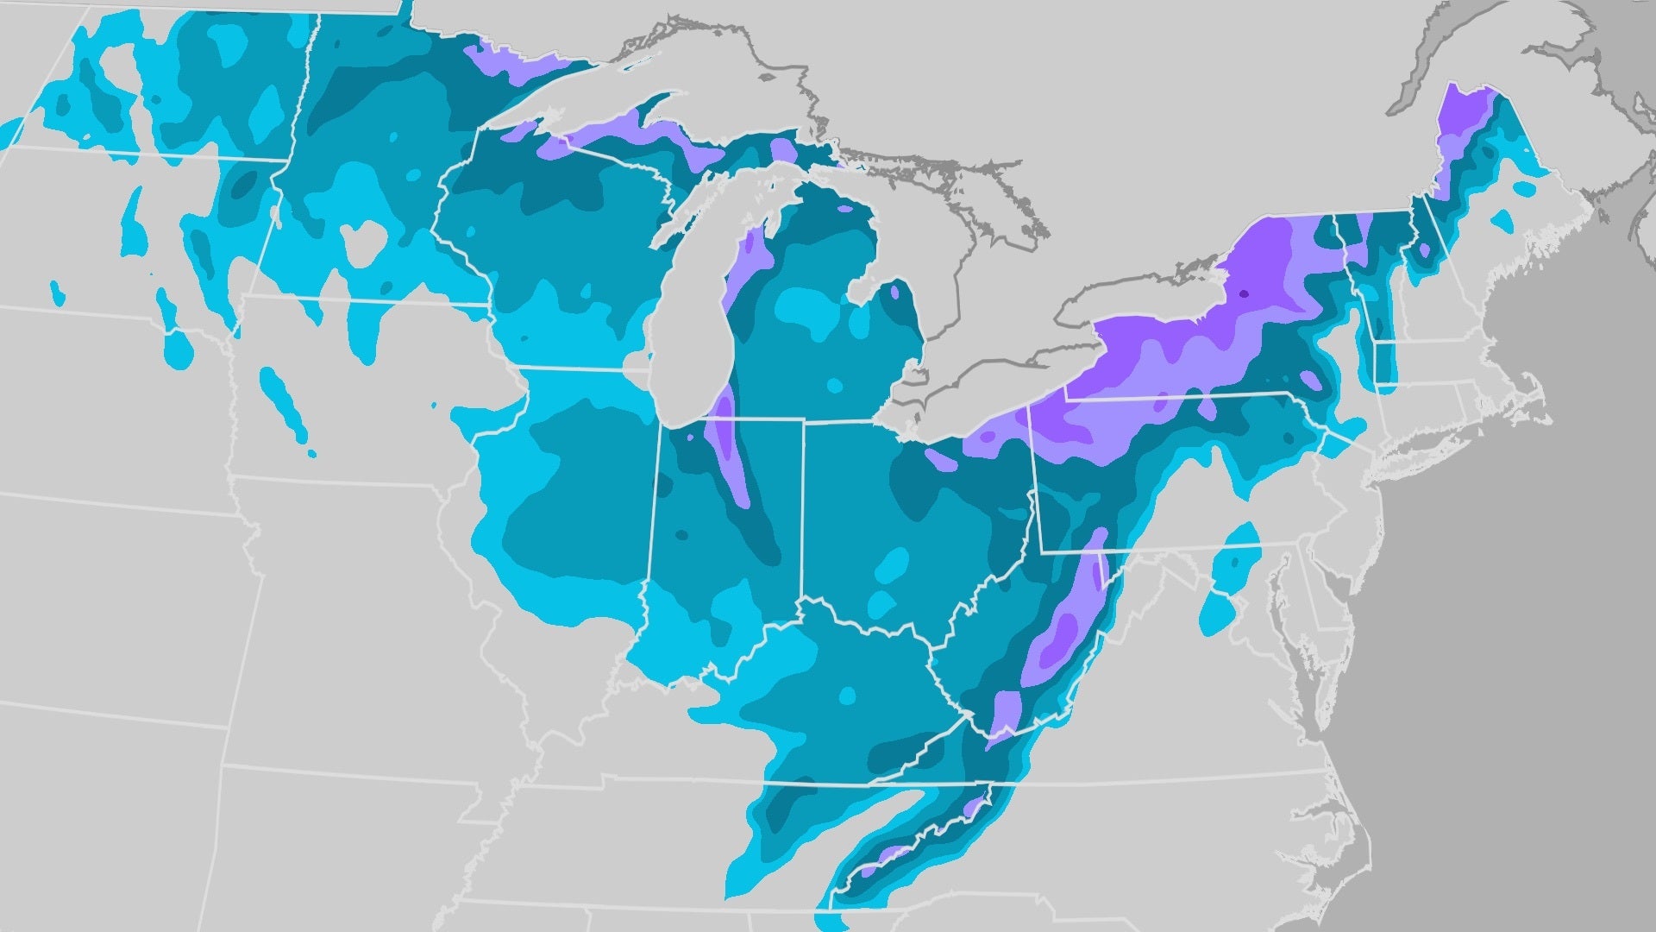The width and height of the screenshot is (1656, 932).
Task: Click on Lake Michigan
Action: click(x=690, y=319)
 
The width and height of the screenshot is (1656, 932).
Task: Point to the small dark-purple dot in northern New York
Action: click(x=1244, y=294)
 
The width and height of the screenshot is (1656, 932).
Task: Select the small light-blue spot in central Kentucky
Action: click(x=848, y=696)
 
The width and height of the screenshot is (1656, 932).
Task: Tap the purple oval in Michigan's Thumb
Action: click(x=894, y=292)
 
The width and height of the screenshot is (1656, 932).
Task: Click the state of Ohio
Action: click(x=906, y=518)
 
